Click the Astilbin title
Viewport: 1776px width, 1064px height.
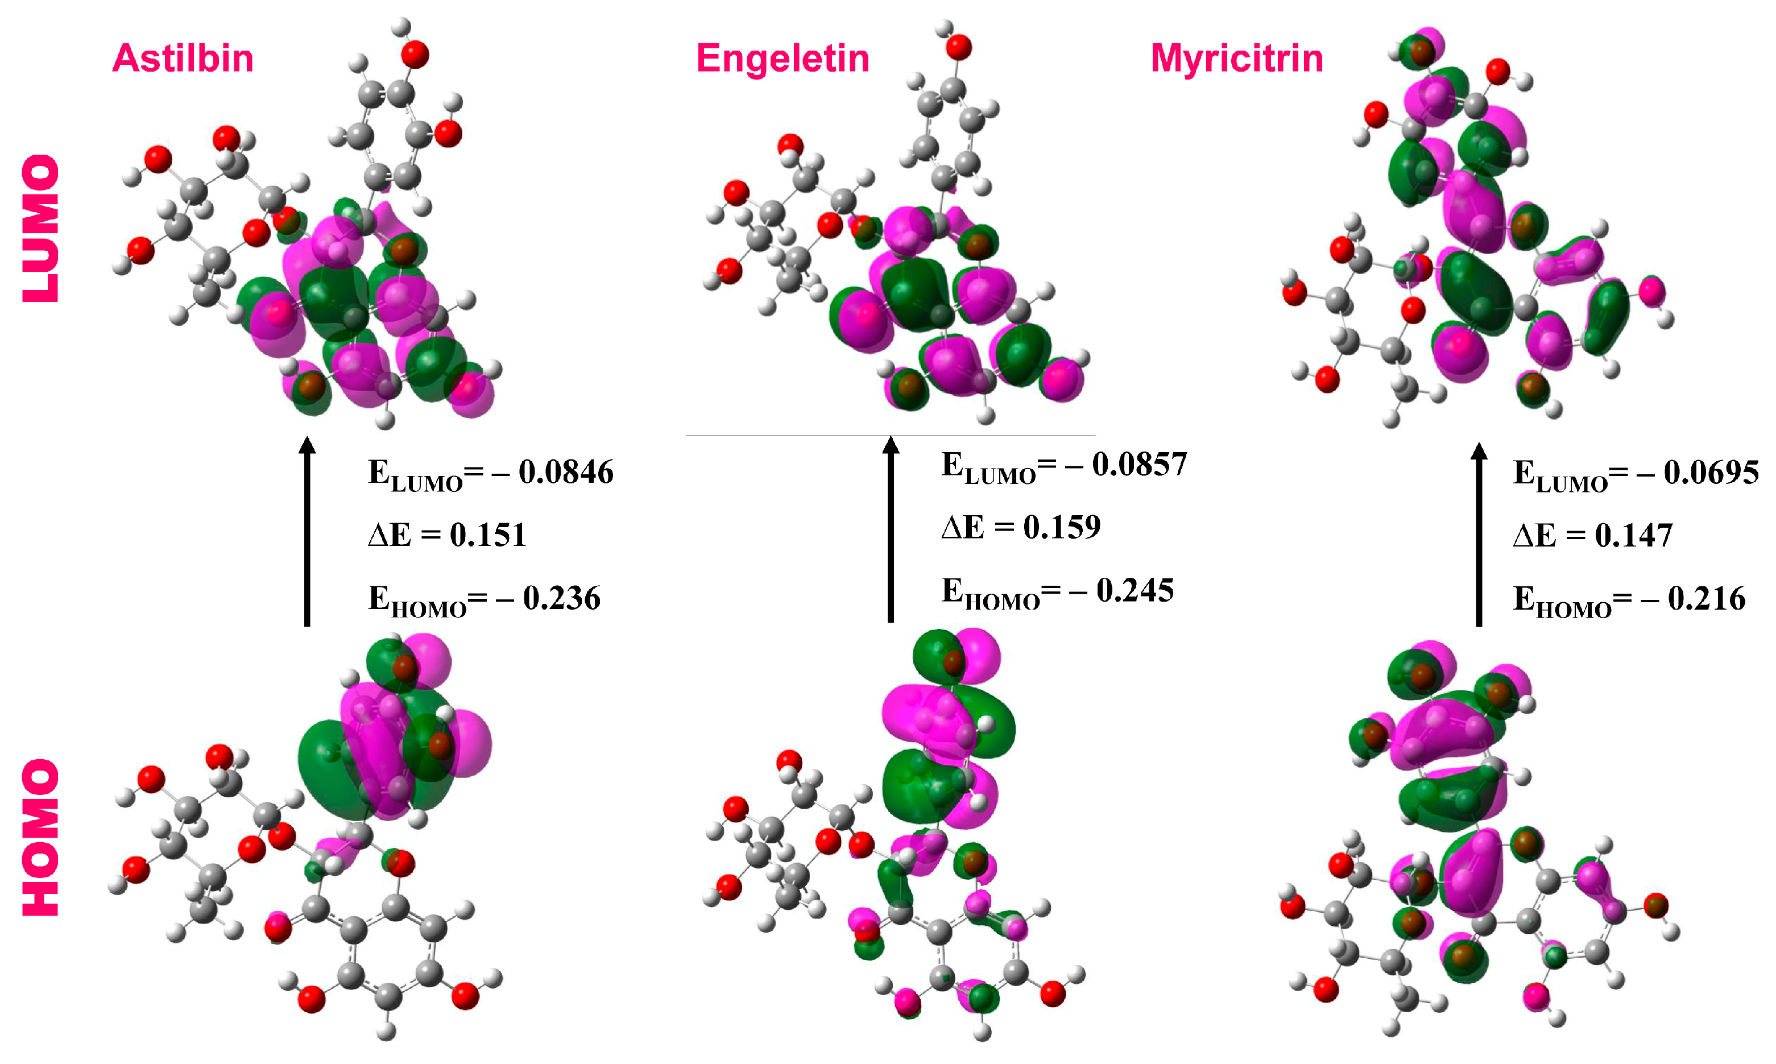coord(183,58)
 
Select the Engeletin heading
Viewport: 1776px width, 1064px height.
coord(783,58)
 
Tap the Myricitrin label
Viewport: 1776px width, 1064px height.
coord(1237,58)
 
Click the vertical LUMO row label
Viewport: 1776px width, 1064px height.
coord(41,228)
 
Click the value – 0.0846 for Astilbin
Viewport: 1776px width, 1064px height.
coord(566,472)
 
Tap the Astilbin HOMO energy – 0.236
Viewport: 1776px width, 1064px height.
coord(561,598)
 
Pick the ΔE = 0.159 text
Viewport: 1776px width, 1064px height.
coord(1021,527)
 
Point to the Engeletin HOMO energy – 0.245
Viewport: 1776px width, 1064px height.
coord(1135,590)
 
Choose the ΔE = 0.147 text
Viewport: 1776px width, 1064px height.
coord(1592,535)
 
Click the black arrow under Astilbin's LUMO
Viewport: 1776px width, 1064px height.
coord(307,531)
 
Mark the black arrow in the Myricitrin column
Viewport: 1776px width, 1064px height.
coord(1479,534)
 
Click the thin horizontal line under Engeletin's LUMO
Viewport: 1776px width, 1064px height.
coord(889,434)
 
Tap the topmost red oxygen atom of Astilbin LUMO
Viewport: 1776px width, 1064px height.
coord(415,55)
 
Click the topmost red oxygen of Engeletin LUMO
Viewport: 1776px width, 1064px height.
coord(959,47)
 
